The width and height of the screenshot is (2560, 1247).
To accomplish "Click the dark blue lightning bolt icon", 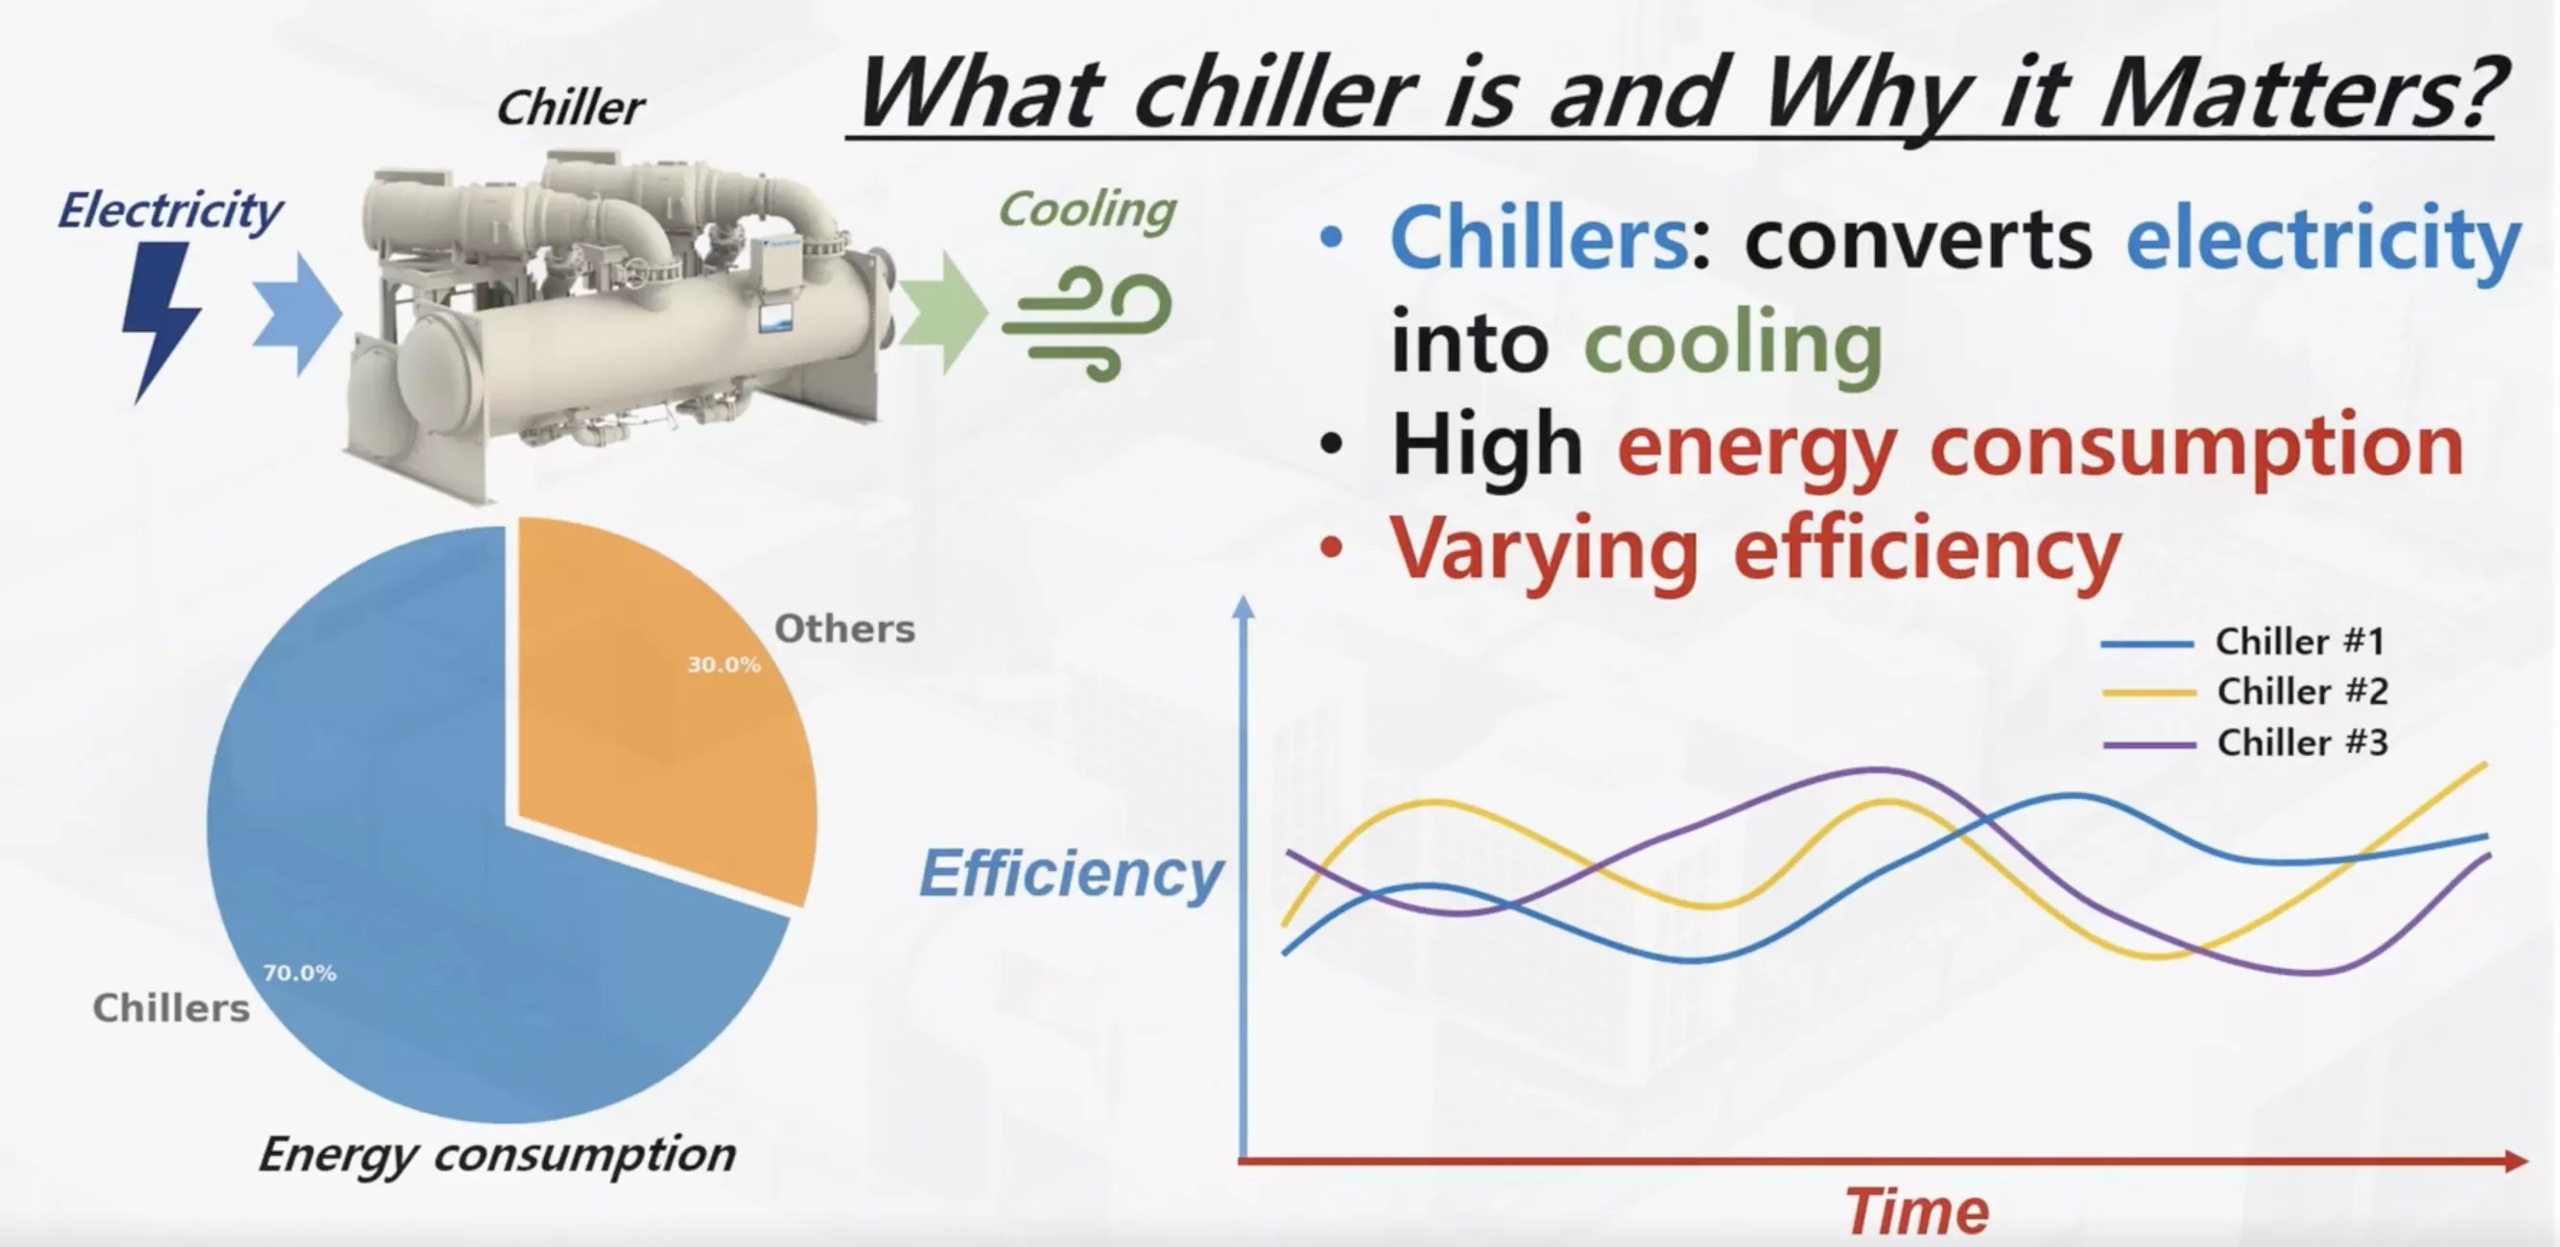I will (x=159, y=318).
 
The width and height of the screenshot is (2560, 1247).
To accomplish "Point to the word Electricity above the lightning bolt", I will (x=170, y=211).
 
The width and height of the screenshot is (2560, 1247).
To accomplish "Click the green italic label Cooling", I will (x=1086, y=210).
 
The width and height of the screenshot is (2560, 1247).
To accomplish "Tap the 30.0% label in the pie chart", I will (x=723, y=665).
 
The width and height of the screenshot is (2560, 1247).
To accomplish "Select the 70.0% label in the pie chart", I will (x=299, y=973).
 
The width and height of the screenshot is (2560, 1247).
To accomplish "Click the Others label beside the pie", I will (x=843, y=629).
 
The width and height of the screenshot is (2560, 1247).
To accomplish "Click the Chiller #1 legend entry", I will (x=2299, y=642).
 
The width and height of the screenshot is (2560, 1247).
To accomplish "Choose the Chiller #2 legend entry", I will (x=2301, y=692).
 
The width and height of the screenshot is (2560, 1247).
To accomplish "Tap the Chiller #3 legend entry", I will (x=2301, y=742).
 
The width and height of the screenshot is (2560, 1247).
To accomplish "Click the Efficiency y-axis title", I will (x=1070, y=875).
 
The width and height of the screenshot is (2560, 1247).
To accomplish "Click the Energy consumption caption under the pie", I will (x=497, y=1155).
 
